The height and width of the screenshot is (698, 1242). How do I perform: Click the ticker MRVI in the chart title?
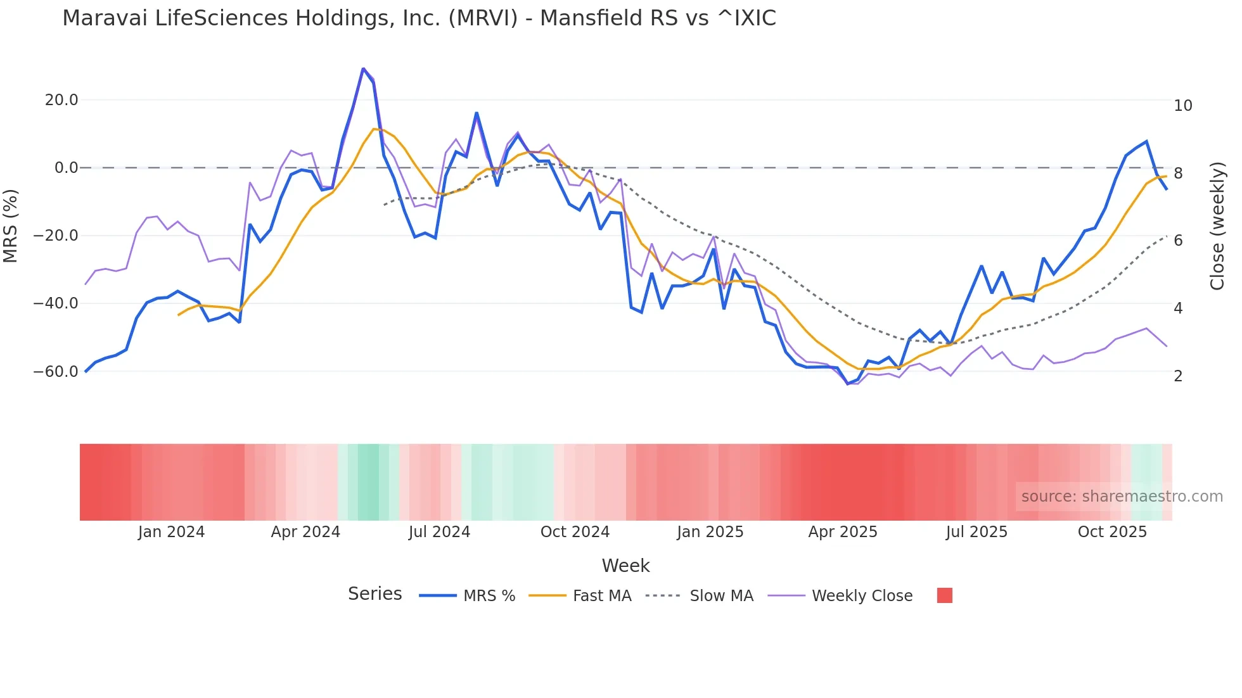point(483,18)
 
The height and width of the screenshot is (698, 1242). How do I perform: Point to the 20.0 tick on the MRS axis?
point(61,100)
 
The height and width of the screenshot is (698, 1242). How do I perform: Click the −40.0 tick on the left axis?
point(56,303)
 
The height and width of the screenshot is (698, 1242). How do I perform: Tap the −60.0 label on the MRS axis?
point(56,372)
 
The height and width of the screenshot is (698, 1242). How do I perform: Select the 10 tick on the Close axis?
point(1182,106)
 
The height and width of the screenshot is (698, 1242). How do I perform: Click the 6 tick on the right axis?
point(1178,241)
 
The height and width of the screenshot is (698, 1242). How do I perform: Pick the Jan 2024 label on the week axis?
point(171,532)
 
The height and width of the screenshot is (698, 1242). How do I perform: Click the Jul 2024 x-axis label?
point(439,532)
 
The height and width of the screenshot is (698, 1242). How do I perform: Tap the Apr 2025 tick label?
point(842,532)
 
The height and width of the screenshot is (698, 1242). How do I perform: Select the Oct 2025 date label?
point(1112,532)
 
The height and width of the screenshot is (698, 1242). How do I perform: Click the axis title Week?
point(625,566)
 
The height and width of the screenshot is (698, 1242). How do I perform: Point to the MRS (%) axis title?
point(11,226)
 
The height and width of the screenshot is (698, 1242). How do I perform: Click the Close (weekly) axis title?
point(1217,226)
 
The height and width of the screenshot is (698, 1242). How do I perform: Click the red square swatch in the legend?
point(944,595)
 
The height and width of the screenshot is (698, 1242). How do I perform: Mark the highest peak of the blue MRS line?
point(363,68)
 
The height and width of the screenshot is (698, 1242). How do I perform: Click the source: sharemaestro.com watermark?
point(1122,497)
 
